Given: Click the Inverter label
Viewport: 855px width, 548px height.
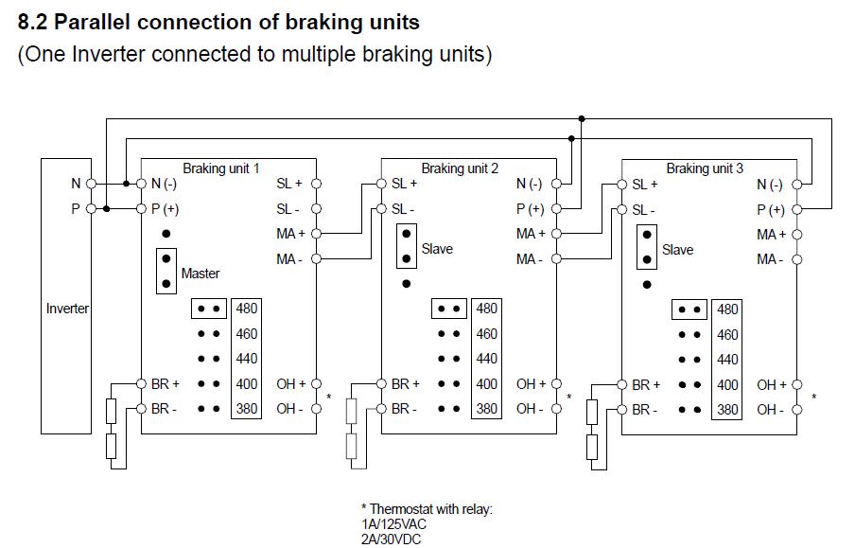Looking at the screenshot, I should point(67,309).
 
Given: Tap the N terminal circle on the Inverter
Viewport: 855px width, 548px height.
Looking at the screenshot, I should point(91,184).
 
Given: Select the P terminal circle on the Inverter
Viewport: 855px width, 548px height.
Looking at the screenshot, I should point(91,208).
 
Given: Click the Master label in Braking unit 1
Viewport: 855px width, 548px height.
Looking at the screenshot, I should point(200,274).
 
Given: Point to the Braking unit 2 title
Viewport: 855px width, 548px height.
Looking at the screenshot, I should point(460,168).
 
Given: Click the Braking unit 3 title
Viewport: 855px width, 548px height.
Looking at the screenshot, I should point(705,168).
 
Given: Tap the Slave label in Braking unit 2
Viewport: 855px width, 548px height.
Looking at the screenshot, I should point(437,249).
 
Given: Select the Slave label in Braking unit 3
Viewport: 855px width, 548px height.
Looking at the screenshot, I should point(677,250).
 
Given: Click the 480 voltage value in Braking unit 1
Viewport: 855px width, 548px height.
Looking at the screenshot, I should point(246,309).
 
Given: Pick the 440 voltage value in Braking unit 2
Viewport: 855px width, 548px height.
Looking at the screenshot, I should point(486,359).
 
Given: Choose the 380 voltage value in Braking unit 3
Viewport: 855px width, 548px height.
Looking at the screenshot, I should point(727,410).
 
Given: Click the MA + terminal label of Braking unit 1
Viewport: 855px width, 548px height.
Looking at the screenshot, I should point(290,233).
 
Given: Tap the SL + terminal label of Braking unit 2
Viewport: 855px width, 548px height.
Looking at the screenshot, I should point(404,184).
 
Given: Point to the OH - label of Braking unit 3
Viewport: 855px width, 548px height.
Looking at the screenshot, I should point(770,410).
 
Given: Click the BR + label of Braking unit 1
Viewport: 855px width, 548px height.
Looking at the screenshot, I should point(166,384).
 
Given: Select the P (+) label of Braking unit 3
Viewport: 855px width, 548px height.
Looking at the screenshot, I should point(771,209).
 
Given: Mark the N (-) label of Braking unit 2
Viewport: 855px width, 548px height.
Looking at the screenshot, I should point(530,184).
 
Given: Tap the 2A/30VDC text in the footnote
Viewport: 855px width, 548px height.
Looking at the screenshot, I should point(392,539).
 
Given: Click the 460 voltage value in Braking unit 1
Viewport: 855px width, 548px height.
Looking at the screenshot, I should point(246,334).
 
